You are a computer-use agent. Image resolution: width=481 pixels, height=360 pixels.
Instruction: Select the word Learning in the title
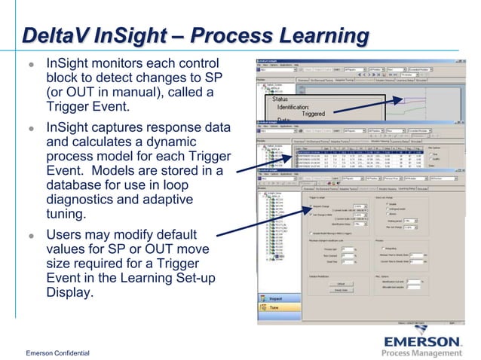[x=323, y=35]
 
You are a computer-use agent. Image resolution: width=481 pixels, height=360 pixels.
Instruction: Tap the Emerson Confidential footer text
[x=57, y=353]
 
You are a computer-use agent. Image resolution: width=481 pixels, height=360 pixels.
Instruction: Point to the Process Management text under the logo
[x=421, y=353]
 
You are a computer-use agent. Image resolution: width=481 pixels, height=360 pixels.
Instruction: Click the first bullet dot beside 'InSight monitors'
[x=31, y=65]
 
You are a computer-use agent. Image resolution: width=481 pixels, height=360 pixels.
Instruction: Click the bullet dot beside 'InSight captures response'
[x=31, y=129]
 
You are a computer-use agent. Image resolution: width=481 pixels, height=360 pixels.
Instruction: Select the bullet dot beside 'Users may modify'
[x=31, y=236]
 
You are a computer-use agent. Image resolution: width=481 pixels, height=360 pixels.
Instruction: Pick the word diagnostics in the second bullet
[x=83, y=200]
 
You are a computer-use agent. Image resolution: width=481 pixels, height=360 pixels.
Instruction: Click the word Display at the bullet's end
[x=70, y=293]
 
